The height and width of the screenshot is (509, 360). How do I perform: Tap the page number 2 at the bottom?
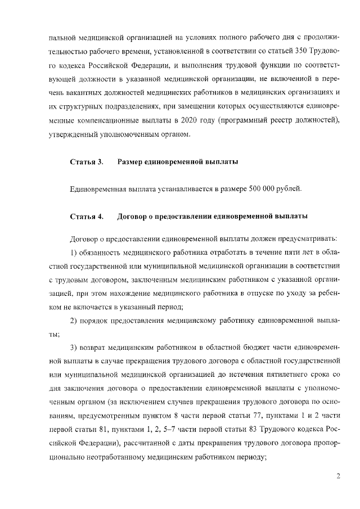point(338,476)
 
